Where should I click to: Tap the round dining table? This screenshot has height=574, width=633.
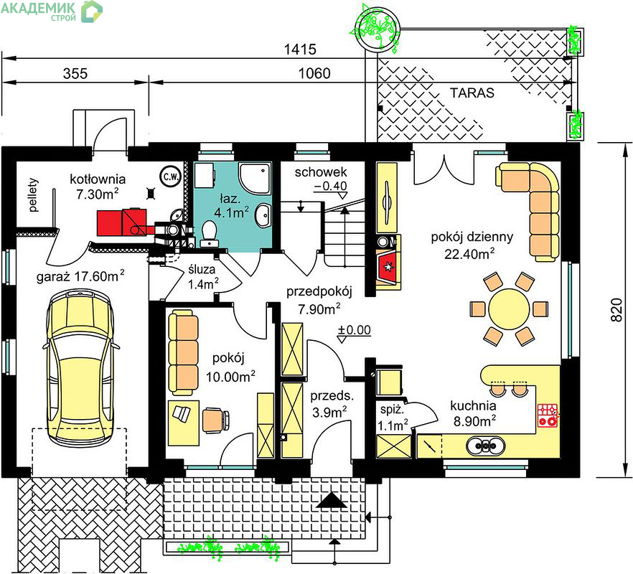[509, 309]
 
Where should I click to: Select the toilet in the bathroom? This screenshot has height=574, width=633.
[210, 233]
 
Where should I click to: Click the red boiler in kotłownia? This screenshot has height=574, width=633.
[121, 222]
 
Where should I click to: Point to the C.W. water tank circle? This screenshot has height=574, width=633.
[171, 177]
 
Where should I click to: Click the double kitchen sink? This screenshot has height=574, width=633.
[486, 446]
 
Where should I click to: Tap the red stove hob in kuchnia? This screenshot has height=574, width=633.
[548, 415]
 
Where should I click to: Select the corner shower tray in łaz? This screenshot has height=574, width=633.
[255, 178]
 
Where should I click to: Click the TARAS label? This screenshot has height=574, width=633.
[472, 93]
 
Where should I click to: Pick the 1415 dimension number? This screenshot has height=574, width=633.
[300, 50]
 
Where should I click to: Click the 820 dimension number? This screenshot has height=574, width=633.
[616, 310]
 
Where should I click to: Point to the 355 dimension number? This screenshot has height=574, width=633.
[75, 73]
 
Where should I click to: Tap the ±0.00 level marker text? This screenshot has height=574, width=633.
[354, 330]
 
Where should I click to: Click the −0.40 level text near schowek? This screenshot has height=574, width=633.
[330, 186]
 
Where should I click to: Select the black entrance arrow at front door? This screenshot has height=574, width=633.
[332, 500]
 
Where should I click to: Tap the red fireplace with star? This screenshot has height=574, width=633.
[388, 267]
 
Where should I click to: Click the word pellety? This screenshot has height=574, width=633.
[33, 195]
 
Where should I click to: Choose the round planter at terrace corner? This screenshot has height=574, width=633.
[377, 29]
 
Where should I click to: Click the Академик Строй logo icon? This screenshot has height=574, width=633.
[91, 11]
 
